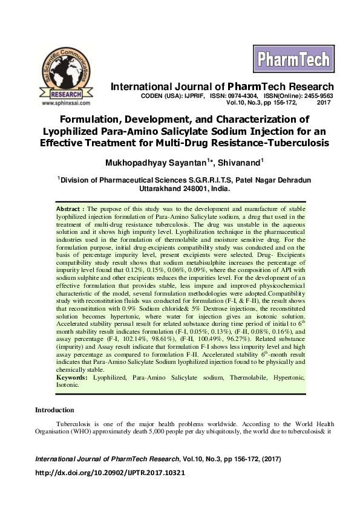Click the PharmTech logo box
[x=294, y=59]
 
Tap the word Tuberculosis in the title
[x=291, y=143]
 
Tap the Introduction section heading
[x=54, y=410]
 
